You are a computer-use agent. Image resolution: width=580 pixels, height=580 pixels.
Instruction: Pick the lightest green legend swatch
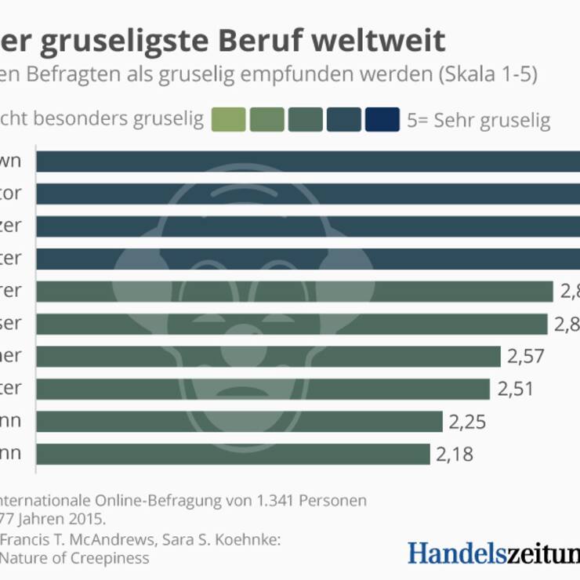click(x=228, y=119)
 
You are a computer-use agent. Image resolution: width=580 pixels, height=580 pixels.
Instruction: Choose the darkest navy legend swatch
click(x=382, y=119)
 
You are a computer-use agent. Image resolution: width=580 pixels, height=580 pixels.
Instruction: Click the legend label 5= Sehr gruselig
click(x=479, y=121)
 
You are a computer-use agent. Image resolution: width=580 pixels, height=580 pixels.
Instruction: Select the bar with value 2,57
click(x=267, y=357)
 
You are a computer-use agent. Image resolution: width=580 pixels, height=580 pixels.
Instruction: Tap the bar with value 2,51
click(x=262, y=389)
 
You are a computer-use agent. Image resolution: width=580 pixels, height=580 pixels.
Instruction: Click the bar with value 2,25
click(x=238, y=422)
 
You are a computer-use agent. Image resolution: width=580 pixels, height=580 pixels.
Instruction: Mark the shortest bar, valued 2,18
click(x=232, y=455)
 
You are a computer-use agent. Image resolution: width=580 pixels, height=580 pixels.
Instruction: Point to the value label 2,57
click(x=525, y=357)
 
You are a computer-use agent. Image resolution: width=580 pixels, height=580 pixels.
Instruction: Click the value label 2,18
click(x=455, y=455)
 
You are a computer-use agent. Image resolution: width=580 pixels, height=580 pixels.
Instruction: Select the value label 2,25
click(x=467, y=422)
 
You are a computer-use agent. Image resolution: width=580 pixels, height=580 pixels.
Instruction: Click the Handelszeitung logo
click(x=494, y=552)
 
